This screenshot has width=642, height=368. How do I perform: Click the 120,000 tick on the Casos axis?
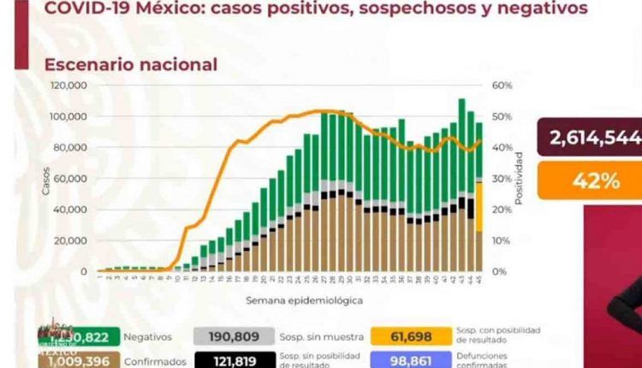(x=71, y=86)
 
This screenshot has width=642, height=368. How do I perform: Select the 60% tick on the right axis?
(x=501, y=86)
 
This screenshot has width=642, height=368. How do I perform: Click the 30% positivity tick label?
(x=501, y=179)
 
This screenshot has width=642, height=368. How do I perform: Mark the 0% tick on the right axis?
(x=499, y=271)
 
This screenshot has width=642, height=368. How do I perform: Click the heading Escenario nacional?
(x=131, y=64)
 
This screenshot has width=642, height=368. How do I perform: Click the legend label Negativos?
(x=147, y=337)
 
